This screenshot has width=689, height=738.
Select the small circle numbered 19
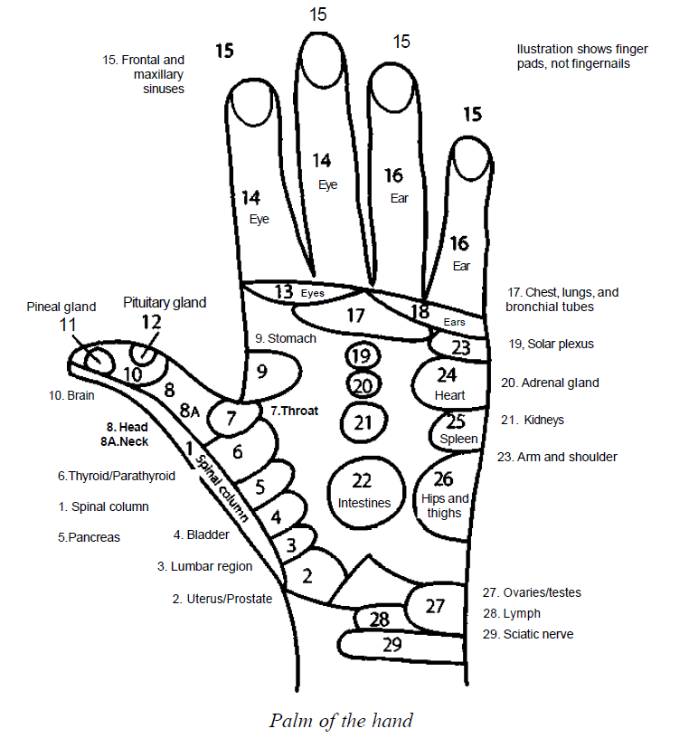tap(361, 355)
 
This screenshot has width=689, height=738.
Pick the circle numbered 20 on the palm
tap(362, 386)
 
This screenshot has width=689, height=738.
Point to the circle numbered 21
tap(363, 421)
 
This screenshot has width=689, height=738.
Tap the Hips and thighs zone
tap(445, 496)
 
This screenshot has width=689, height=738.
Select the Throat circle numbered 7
tap(230, 419)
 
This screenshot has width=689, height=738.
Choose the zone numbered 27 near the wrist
tap(435, 606)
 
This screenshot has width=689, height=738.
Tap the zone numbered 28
tap(380, 620)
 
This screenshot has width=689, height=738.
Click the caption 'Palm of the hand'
tap(341, 721)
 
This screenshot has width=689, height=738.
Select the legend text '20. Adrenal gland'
tap(548, 383)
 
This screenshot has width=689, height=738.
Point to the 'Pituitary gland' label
tap(165, 302)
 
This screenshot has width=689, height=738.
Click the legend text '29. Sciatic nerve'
tap(527, 634)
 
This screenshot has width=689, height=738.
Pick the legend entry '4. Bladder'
tap(201, 535)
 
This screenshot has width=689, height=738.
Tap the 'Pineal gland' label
tap(61, 307)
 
